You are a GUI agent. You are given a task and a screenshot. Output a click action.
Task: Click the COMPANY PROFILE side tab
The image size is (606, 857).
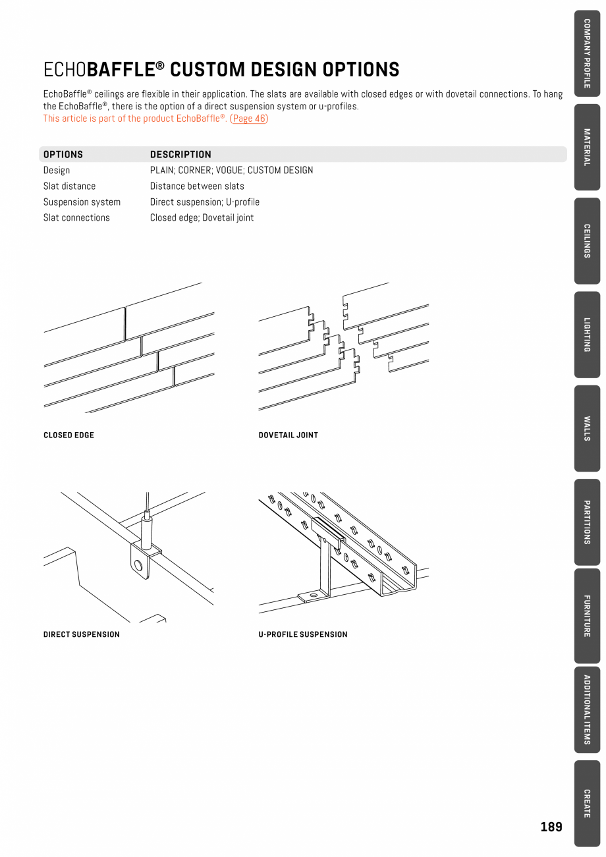(586, 53)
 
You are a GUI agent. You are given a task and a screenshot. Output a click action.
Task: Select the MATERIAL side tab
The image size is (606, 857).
(586, 147)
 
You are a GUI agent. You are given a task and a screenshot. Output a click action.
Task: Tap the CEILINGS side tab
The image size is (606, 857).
(586, 240)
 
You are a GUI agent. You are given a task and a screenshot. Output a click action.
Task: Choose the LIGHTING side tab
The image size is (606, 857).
(586, 335)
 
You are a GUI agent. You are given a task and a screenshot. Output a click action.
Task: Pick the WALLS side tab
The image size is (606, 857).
(586, 428)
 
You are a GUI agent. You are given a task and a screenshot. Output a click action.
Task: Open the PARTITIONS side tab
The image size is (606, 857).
(586, 522)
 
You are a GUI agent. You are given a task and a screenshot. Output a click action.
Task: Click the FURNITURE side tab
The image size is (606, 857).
(586, 616)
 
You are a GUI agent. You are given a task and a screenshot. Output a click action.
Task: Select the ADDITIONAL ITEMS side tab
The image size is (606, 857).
(586, 709)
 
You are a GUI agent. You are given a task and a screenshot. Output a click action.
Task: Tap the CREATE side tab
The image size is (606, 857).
(586, 803)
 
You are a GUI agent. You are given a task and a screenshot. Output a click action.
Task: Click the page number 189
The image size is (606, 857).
(551, 827)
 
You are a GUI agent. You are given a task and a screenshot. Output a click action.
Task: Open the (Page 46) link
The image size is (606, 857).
(249, 119)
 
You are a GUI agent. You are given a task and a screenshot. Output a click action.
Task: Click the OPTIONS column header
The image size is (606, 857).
(63, 155)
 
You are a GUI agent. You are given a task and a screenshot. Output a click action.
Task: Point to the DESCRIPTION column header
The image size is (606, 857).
(180, 155)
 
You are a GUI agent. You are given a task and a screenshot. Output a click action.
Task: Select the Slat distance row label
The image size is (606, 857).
(69, 186)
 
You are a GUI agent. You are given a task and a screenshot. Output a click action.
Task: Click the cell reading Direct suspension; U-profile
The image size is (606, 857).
(204, 202)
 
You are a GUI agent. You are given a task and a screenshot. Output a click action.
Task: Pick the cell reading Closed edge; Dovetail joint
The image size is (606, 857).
(202, 218)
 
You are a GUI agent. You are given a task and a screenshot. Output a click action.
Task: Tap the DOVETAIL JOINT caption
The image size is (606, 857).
(288, 435)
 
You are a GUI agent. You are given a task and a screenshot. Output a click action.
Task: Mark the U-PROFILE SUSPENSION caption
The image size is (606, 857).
(302, 635)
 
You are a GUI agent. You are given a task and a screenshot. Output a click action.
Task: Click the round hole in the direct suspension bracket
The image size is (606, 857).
(138, 565)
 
